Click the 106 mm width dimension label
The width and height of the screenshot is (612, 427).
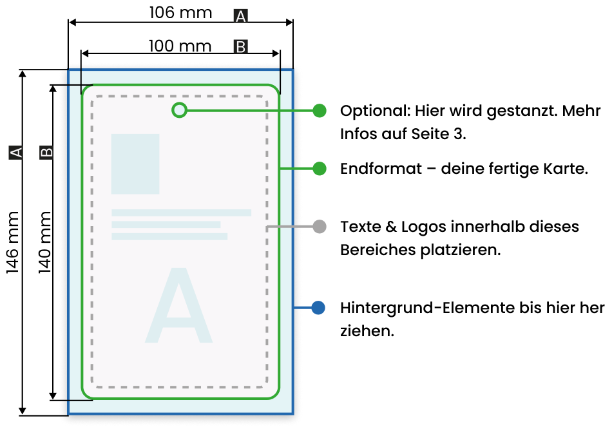click(180, 12)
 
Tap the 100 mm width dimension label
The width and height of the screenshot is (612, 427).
click(180, 46)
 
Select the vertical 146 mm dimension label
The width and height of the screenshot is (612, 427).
click(12, 242)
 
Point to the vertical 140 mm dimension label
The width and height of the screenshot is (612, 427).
click(45, 242)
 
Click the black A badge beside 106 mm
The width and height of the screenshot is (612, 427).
click(241, 16)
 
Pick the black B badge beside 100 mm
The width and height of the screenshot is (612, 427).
click(241, 47)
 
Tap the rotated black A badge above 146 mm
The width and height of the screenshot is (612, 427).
click(15, 152)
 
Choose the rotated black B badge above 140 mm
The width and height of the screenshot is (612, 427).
click(46, 152)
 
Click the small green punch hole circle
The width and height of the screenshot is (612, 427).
click(179, 111)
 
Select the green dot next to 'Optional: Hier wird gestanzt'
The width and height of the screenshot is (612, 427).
click(320, 111)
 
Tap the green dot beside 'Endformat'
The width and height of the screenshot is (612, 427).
click(320, 169)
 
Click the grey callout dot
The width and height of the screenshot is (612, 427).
click(320, 226)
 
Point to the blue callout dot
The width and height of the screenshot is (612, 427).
click(318, 308)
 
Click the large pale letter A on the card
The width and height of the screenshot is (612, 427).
click(178, 305)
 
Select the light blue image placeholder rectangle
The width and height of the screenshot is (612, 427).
click(135, 164)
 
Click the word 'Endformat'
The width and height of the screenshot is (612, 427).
click(381, 169)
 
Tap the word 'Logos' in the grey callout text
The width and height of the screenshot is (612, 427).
click(423, 227)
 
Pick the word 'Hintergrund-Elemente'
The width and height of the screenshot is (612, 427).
click(426, 308)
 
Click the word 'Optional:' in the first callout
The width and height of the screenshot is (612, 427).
click(376, 111)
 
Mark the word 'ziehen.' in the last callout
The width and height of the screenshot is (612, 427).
click(367, 331)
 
